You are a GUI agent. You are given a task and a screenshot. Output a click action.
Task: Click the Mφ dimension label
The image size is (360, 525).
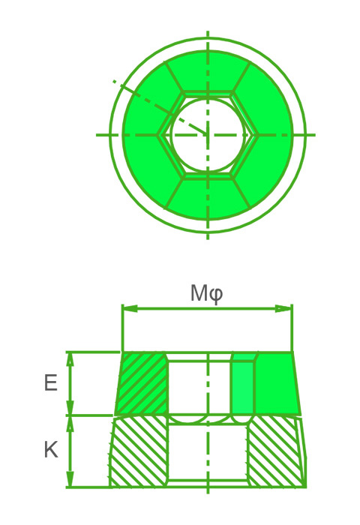click(x=206, y=292)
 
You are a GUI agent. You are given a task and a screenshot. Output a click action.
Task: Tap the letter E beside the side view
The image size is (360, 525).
click(x=50, y=383)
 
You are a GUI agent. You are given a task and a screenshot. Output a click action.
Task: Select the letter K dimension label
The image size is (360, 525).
click(x=50, y=450)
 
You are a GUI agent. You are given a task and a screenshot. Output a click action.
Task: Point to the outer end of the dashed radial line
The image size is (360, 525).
click(x=115, y=81)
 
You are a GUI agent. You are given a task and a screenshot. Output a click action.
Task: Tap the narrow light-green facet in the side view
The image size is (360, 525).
click(x=242, y=386)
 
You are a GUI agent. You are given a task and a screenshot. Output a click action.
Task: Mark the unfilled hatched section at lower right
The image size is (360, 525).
click(x=274, y=452)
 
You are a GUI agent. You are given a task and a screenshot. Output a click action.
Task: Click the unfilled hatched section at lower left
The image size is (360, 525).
click(x=139, y=452)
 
